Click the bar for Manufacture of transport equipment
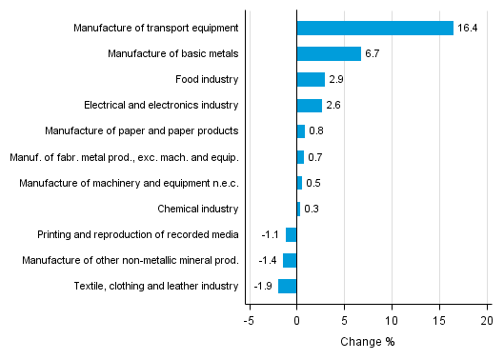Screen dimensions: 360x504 pyautogui.click(x=374, y=28)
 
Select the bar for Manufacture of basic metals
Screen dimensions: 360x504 pyautogui.click(x=329, y=53)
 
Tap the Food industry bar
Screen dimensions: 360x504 pyautogui.click(x=311, y=79)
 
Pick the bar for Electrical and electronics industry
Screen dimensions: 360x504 pyautogui.click(x=309, y=105)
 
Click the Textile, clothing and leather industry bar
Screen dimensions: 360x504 pyautogui.click(x=288, y=286)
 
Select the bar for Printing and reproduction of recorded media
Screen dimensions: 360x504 pyautogui.click(x=292, y=234)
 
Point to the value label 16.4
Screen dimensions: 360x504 pyautogui.click(x=467, y=28)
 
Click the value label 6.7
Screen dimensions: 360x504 pyautogui.click(x=373, y=53)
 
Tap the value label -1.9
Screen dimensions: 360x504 pyautogui.click(x=264, y=286)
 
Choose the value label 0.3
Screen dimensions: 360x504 pyautogui.click(x=312, y=209)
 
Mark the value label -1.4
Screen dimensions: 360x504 pyautogui.click(x=269, y=260)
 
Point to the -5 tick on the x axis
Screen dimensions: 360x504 pyautogui.click(x=249, y=320)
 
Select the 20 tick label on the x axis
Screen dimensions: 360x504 pyautogui.click(x=486, y=320)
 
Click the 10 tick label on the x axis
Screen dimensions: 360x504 pyautogui.click(x=392, y=320)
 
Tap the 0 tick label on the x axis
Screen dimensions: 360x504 pyautogui.click(x=296, y=320)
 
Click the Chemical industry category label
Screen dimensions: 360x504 pyautogui.click(x=197, y=209)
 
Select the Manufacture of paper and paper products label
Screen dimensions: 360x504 pyautogui.click(x=142, y=130)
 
